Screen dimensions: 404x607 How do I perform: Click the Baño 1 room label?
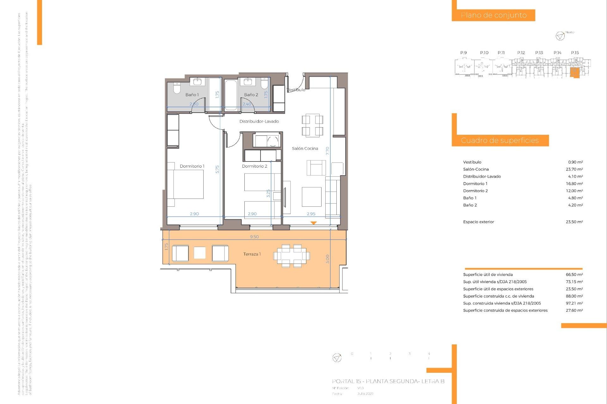192,95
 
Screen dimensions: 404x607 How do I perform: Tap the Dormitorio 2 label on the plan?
254,166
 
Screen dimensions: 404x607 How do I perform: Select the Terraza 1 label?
252,254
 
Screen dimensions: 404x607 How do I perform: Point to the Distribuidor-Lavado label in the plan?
259,122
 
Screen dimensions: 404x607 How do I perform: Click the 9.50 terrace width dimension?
254,237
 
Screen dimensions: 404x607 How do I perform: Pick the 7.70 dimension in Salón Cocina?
328,151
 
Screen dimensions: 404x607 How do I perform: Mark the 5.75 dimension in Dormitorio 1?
217,169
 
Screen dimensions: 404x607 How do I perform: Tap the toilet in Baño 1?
177,88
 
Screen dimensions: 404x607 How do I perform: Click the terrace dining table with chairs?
291,256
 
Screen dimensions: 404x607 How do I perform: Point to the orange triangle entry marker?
313,223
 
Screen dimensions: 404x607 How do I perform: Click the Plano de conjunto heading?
494,15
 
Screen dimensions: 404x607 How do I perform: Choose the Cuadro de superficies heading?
500,140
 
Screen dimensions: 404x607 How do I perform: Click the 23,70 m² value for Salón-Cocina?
574,169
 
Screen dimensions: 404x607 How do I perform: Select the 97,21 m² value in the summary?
574,303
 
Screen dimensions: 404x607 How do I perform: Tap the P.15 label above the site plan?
575,53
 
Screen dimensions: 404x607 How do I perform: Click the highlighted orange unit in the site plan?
574,73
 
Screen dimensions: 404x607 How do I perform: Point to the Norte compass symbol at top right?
560,36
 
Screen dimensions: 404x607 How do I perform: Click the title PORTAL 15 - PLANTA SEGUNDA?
388,381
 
